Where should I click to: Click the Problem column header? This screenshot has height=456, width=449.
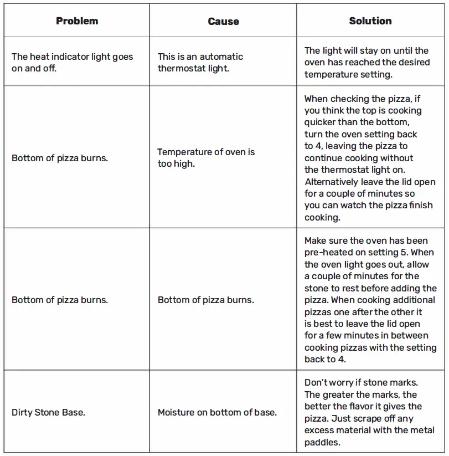pyautogui.click(x=77, y=21)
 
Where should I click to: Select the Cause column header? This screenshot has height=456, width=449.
pyautogui.click(x=223, y=22)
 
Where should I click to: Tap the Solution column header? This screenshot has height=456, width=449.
pyautogui.click(x=370, y=21)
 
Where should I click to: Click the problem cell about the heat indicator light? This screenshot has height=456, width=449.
pyautogui.click(x=73, y=62)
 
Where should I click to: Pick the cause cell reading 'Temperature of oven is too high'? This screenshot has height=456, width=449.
pyautogui.click(x=206, y=157)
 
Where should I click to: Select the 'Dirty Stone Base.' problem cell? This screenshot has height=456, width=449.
pyautogui.click(x=48, y=412)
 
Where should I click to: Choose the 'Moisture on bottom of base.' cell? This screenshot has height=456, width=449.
pyautogui.click(x=217, y=412)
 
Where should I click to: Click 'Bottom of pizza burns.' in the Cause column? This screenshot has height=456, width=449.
pyautogui.click(x=206, y=300)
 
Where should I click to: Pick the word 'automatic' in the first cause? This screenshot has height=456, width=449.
pyautogui.click(x=221, y=57)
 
